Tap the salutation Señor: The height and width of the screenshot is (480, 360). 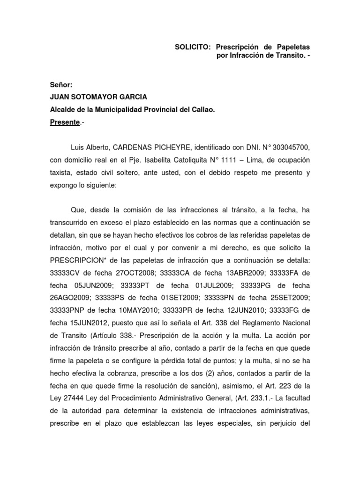[61, 85]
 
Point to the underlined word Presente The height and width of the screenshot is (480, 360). [65, 122]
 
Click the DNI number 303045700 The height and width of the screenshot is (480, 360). [290, 148]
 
